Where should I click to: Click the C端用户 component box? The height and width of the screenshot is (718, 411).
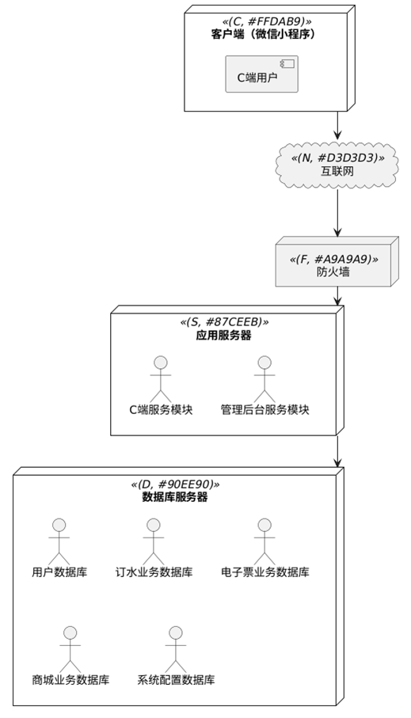click(x=261, y=74)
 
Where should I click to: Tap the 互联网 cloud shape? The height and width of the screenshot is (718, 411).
click(x=337, y=165)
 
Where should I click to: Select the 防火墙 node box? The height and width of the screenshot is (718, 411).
click(x=337, y=261)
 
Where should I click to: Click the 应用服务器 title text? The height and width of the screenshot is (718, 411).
click(x=223, y=335)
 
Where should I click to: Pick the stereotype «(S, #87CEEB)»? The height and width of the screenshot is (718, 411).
click(x=224, y=322)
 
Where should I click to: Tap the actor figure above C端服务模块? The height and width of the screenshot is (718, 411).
click(x=161, y=379)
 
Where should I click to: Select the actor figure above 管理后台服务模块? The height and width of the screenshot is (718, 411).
click(x=264, y=379)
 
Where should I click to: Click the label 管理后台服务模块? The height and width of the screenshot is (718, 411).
click(x=264, y=409)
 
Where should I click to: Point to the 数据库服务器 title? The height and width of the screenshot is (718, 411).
click(x=175, y=497)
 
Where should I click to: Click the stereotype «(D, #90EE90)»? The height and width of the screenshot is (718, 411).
click(x=175, y=484)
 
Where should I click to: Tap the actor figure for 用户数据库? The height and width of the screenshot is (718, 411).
click(x=59, y=541)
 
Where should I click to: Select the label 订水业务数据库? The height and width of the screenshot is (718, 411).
click(x=154, y=572)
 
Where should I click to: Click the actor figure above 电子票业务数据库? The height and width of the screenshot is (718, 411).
click(x=264, y=541)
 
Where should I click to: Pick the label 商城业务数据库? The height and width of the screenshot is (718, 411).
click(x=70, y=679)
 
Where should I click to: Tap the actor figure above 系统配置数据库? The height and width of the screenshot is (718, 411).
click(x=176, y=649)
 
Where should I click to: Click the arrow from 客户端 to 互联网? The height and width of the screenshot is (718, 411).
click(x=337, y=125)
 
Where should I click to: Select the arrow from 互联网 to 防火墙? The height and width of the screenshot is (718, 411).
click(x=337, y=212)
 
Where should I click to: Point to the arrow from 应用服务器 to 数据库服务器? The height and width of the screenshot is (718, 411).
click(x=337, y=451)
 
